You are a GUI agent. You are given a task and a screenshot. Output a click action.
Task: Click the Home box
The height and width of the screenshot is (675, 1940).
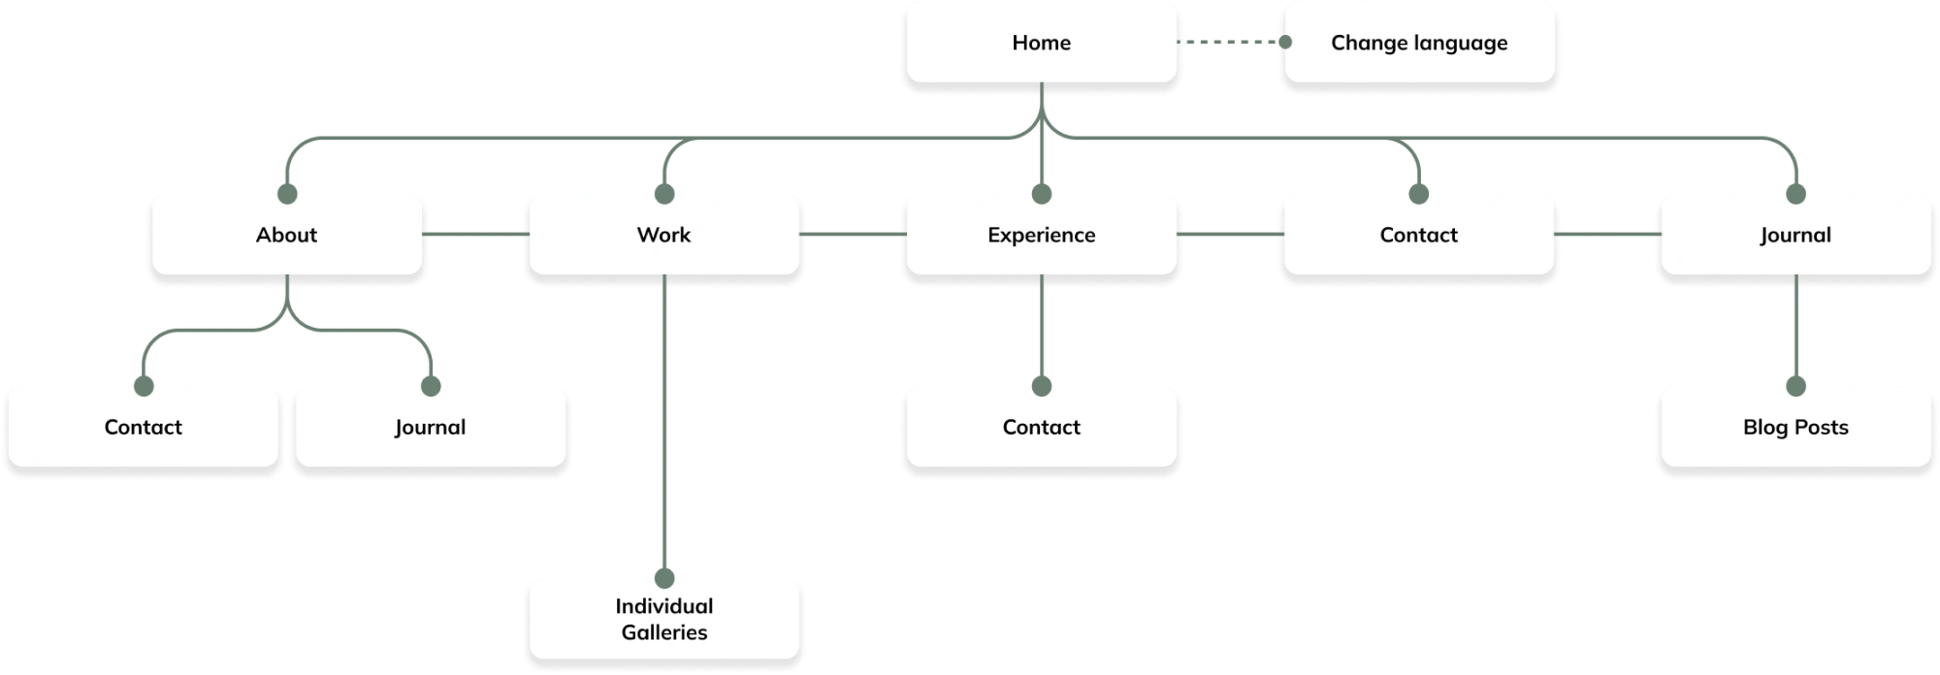pos(1041,43)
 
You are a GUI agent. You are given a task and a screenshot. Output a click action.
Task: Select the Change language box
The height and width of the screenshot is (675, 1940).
pos(1418,43)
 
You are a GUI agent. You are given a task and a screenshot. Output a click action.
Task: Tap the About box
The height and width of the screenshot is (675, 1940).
pos(286,235)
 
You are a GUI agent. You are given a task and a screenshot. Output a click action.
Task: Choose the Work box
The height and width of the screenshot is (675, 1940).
pos(663,235)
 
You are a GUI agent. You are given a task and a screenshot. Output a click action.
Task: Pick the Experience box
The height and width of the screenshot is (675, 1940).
pos(1041,235)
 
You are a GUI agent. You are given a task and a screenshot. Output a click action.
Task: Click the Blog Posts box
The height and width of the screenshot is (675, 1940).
pos(1794,427)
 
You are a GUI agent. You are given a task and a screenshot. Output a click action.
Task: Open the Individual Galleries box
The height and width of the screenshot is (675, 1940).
pos(663,619)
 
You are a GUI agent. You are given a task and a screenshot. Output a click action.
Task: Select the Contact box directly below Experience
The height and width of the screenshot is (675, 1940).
pos(1041,427)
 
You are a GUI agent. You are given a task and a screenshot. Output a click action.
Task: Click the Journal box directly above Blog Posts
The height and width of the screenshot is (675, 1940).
pos(1794,235)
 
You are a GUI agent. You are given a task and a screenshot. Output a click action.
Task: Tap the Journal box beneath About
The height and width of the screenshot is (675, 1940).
pos(430,427)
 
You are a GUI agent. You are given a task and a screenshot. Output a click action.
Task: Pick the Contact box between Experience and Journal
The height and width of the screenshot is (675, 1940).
pos(1418,235)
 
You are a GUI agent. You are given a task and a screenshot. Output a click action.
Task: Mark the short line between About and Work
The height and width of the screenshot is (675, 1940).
pos(475,235)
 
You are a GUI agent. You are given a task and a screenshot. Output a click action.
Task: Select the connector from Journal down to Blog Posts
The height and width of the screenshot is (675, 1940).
pos(1794,330)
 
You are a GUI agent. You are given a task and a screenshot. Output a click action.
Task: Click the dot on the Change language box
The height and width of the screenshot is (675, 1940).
pos(1285,43)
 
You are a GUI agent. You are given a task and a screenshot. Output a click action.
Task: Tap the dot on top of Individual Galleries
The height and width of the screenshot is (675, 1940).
pos(663,579)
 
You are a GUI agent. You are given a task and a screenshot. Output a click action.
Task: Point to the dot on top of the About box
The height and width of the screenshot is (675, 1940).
pos(286,195)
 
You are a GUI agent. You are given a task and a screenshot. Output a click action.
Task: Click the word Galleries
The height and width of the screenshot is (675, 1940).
pos(663,632)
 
